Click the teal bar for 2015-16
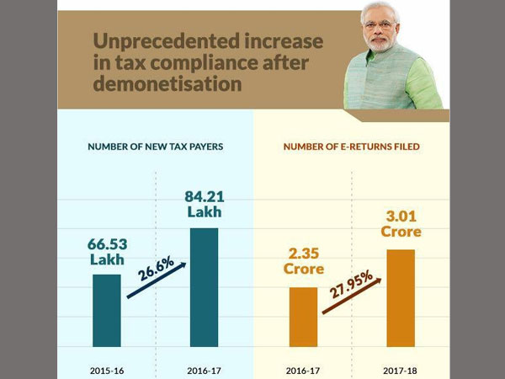[107, 309]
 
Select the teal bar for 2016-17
[204, 286]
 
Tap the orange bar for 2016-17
[303, 316]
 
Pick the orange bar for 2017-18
[400, 297]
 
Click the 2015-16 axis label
[107, 369]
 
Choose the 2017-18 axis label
[401, 369]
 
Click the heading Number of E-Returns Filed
[351, 147]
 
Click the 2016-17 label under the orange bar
[302, 369]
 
